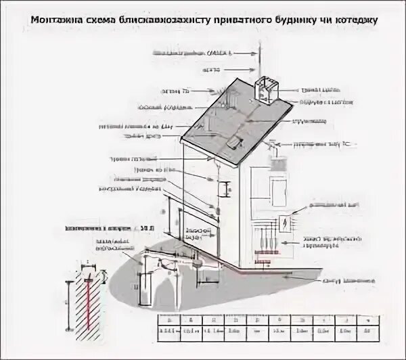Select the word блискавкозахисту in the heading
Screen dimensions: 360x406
click(x=162, y=21)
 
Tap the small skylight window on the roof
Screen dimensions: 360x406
click(x=234, y=142)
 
